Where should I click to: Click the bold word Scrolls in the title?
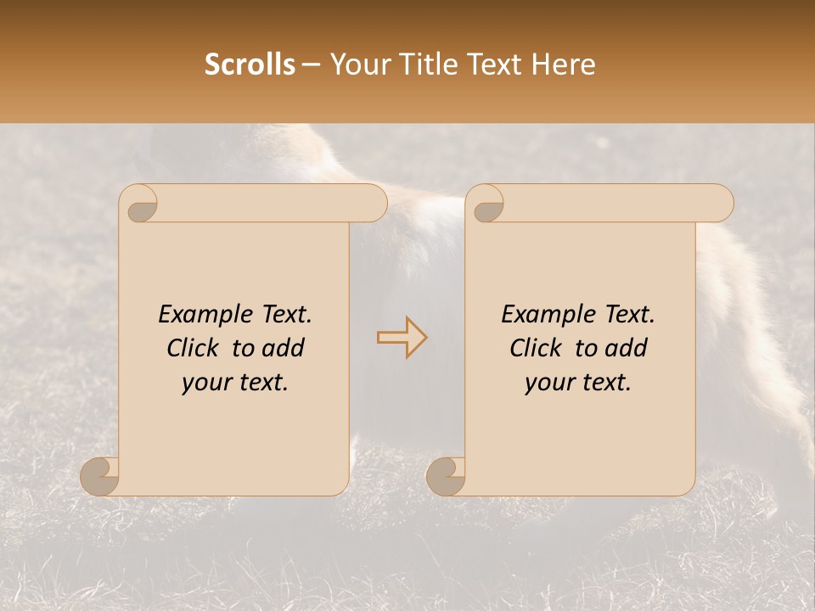tap(250, 64)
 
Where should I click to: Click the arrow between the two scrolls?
tap(402, 337)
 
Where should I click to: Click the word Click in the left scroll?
tap(194, 348)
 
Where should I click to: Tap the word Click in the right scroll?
tap(537, 348)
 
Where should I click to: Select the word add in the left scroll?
tap(284, 348)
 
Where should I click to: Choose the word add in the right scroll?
tap(627, 348)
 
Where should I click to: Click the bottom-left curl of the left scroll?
tap(100, 475)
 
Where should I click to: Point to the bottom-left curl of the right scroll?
tap(446, 475)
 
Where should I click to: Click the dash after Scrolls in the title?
tap(312, 64)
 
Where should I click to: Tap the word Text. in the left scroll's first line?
tap(284, 315)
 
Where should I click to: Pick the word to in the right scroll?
tap(585, 348)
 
